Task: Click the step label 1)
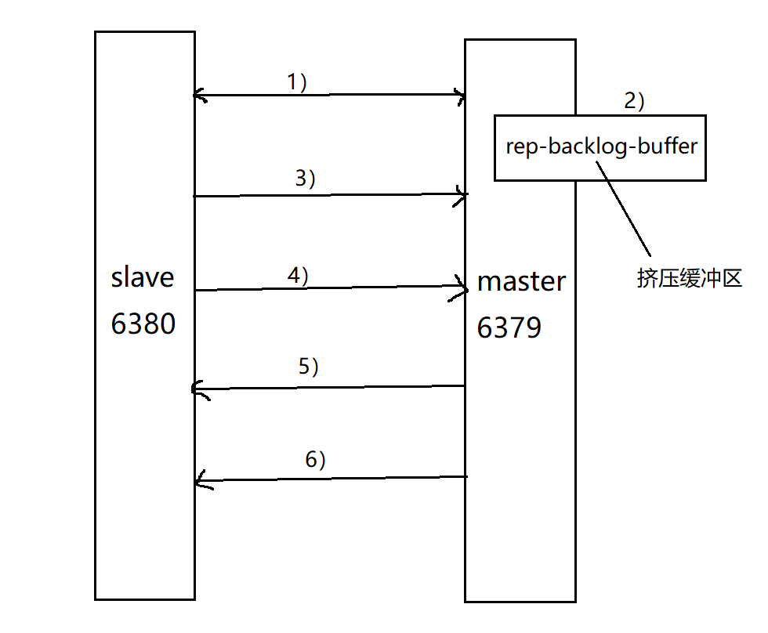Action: click(x=297, y=82)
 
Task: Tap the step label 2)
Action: click(x=633, y=101)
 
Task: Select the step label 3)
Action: click(x=305, y=179)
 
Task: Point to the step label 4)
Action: click(x=299, y=276)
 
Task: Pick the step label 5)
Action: click(x=308, y=367)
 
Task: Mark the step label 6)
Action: click(x=315, y=460)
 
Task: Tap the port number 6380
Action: click(x=143, y=323)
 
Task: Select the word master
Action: click(x=521, y=281)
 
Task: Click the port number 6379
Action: click(x=509, y=328)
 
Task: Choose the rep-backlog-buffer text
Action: click(x=601, y=146)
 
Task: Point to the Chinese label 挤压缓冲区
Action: click(x=690, y=280)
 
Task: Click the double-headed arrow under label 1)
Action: click(x=329, y=96)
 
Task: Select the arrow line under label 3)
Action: click(x=329, y=195)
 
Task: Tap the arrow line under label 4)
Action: click(x=329, y=288)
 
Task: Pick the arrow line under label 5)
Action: click(x=329, y=387)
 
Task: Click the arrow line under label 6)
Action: click(x=329, y=478)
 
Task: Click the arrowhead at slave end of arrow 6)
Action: click(x=201, y=479)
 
